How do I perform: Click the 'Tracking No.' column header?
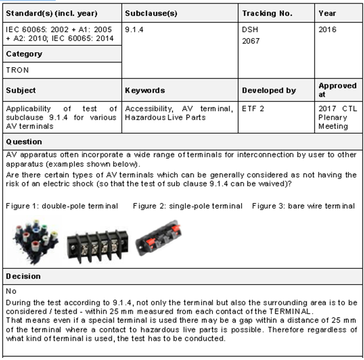coord(267,13)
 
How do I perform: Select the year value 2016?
coord(328,30)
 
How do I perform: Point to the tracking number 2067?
coord(250,41)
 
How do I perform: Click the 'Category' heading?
coord(24,54)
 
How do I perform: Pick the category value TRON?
coord(17,70)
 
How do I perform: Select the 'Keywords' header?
coord(145,91)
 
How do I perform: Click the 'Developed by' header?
coord(269,91)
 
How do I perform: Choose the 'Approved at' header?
coord(337,90)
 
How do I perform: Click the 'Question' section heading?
coord(24,142)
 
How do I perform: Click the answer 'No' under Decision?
coord(11,291)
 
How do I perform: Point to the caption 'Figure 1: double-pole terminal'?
coord(62,206)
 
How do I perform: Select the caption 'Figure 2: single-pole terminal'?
coord(187,206)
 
